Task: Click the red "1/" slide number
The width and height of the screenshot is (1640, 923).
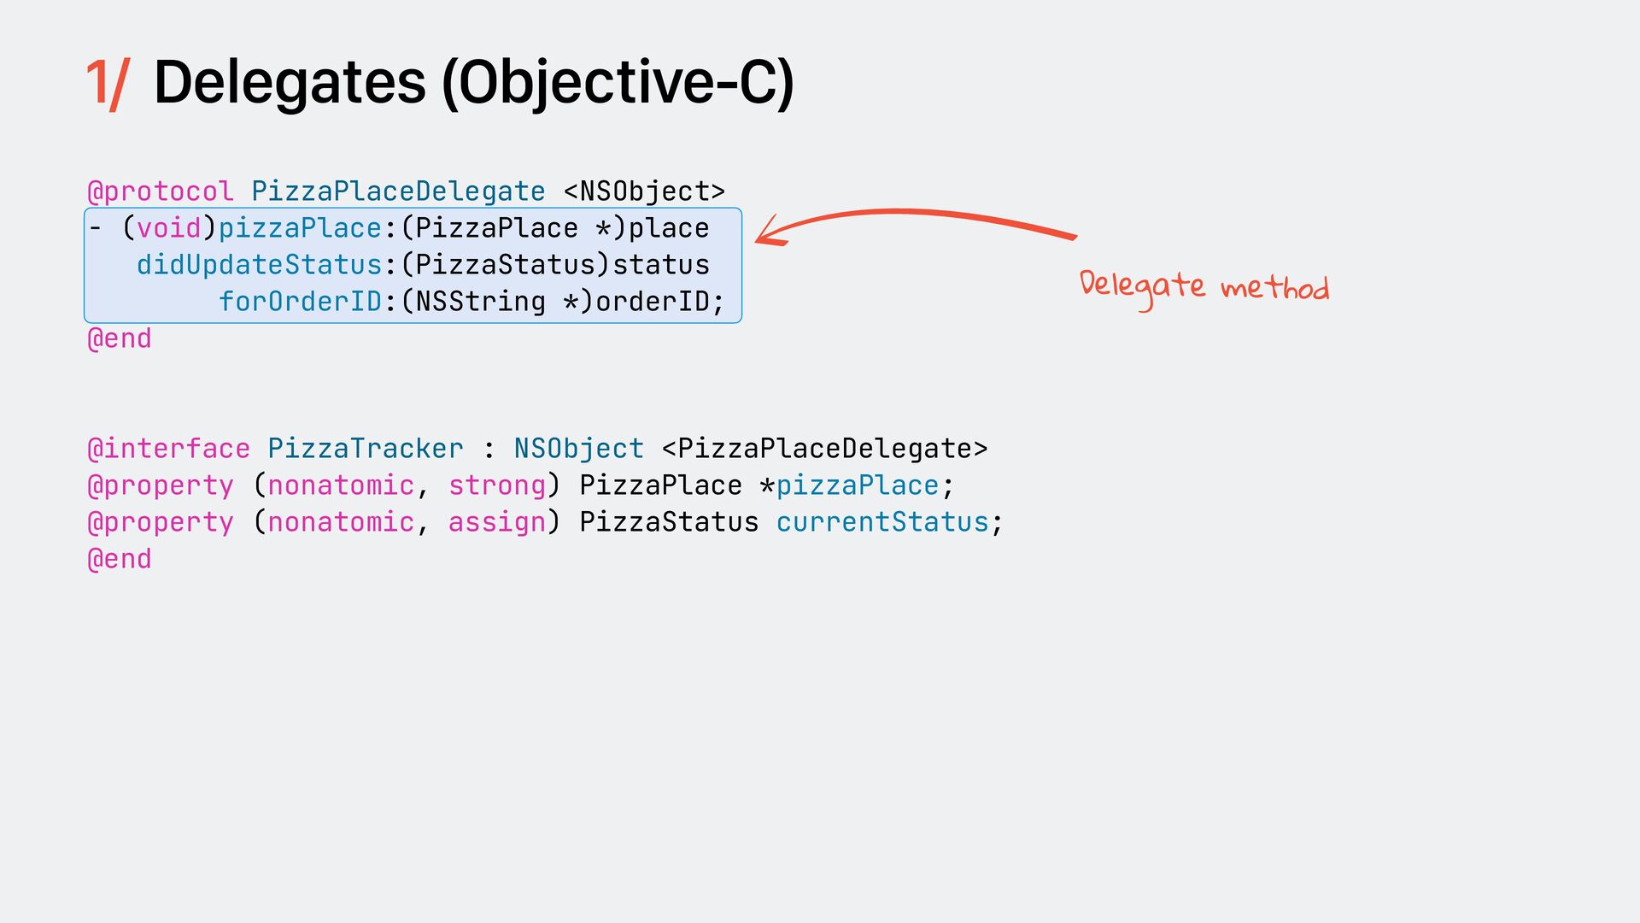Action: pyautogui.click(x=107, y=83)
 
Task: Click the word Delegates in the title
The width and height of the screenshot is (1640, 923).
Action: pyautogui.click(x=290, y=83)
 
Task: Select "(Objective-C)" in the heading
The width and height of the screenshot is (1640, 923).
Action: pyautogui.click(x=618, y=83)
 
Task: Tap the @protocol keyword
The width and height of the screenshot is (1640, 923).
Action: pyautogui.click(x=161, y=191)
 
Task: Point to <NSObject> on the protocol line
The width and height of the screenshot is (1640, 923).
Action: pyautogui.click(x=644, y=191)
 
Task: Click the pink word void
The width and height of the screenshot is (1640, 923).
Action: pyautogui.click(x=169, y=228)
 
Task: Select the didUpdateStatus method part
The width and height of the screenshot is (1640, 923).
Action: pyautogui.click(x=259, y=265)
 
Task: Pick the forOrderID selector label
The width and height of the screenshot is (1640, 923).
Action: pyautogui.click(x=300, y=302)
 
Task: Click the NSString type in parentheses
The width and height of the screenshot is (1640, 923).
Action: pyautogui.click(x=481, y=302)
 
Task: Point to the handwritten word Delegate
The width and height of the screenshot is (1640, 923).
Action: pyautogui.click(x=1142, y=286)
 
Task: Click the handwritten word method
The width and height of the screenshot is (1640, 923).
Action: pyautogui.click(x=1274, y=288)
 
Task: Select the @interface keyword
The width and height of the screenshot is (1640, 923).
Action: pyautogui.click(x=169, y=449)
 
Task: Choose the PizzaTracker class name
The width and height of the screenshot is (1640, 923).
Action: pyautogui.click(x=366, y=449)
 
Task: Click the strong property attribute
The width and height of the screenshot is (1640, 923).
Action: pyautogui.click(x=497, y=485)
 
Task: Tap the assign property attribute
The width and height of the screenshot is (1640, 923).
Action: pyautogui.click(x=497, y=522)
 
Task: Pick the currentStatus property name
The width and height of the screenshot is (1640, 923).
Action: pyautogui.click(x=882, y=522)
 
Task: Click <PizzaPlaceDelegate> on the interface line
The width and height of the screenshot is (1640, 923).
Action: pyautogui.click(x=824, y=449)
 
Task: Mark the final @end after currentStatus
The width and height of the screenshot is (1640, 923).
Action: pyautogui.click(x=120, y=559)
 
